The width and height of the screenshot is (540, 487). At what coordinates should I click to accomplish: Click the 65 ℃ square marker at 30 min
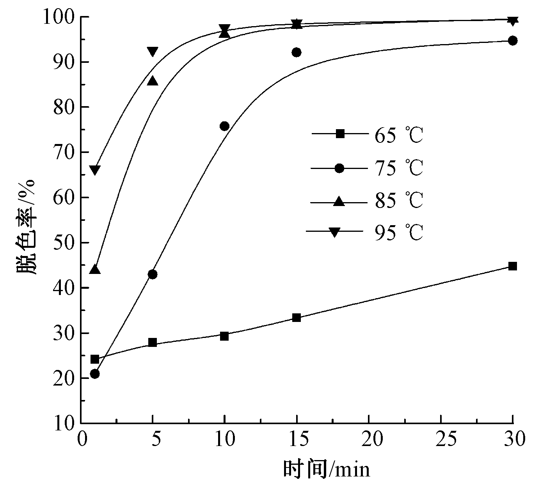point(513,266)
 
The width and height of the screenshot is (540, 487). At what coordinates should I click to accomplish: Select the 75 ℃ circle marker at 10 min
point(224,126)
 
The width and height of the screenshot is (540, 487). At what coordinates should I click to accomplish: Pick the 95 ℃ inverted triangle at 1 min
point(95,170)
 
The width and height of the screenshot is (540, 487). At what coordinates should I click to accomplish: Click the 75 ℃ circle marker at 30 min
point(513,41)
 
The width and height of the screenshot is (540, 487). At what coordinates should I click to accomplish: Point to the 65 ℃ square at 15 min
point(297,318)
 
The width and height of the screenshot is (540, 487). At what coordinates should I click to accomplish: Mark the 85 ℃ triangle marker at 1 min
point(95,270)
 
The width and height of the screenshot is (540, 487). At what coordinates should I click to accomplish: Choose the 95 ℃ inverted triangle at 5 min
point(153,51)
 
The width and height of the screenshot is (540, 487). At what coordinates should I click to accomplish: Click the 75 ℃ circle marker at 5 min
point(153,274)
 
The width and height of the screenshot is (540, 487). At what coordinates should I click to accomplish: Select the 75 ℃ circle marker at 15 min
point(297,52)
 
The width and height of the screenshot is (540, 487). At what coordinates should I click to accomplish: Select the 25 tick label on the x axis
point(441,440)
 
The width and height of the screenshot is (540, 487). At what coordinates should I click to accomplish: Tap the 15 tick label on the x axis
point(297,440)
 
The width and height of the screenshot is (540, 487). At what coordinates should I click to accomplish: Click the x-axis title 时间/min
point(326,469)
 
